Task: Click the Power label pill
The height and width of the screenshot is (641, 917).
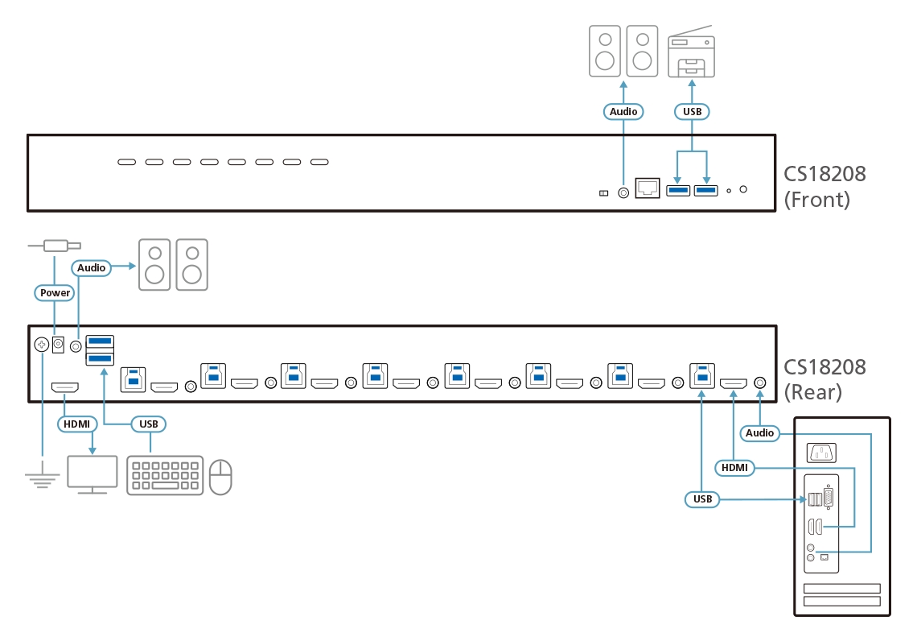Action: [56, 292]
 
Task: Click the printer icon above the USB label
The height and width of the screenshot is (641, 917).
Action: [691, 54]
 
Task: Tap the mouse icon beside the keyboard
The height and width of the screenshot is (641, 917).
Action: [220, 477]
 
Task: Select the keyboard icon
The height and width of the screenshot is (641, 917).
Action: [165, 475]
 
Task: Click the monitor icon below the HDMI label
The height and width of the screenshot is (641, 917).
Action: [92, 474]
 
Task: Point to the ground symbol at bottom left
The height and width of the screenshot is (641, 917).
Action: [42, 480]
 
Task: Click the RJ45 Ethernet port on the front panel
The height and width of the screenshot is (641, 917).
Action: [648, 189]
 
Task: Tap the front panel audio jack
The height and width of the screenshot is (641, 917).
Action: [623, 192]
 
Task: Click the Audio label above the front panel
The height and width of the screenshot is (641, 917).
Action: [623, 111]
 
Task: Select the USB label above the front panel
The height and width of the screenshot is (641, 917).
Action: [691, 111]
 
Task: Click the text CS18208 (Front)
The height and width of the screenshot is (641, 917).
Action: [825, 186]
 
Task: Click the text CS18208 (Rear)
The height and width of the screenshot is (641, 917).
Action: [824, 379]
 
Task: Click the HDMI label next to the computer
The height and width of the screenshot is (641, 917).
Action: [734, 467]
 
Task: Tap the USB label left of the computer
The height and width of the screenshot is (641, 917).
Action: [703, 499]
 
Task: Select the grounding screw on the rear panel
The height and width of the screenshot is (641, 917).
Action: [42, 345]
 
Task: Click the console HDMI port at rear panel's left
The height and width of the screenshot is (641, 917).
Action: [65, 387]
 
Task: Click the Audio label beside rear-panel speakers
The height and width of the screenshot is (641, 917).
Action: [91, 267]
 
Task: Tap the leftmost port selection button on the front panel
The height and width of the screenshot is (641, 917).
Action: [127, 163]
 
